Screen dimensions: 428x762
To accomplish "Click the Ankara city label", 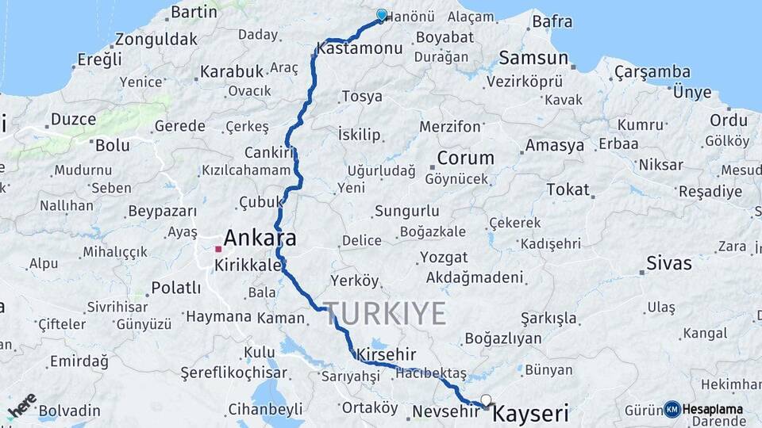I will tap(260, 238).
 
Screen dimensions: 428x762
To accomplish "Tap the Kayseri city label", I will tap(530, 413).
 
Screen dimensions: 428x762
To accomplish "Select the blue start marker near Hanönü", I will tap(382, 15).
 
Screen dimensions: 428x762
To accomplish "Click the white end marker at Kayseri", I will tap(486, 401).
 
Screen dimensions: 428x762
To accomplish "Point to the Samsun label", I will tap(534, 58).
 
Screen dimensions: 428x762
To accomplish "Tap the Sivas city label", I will tap(668, 263).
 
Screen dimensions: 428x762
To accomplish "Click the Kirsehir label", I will tap(387, 353).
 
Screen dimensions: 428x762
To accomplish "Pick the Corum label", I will tap(465, 158).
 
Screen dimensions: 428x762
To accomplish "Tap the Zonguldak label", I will tap(156, 39).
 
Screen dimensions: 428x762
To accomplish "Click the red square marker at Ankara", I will tap(218, 249).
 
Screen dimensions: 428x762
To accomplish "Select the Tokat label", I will tap(568, 189).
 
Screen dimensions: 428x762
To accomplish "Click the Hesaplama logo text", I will tap(713, 409).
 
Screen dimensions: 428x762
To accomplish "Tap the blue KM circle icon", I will tap(672, 409).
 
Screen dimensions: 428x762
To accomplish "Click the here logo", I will tap(22, 405).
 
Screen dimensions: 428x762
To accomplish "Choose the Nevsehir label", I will tap(446, 411).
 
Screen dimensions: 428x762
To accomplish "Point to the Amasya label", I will tap(554, 146).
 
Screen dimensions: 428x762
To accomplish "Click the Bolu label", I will tap(112, 146).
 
